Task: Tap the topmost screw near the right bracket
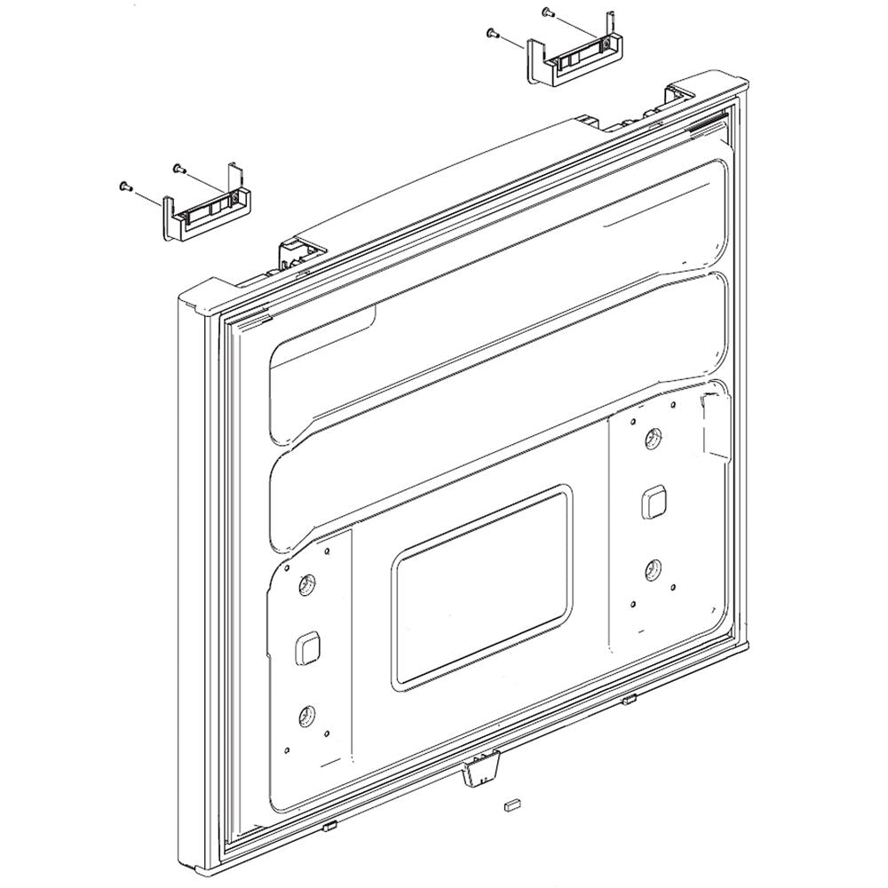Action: coord(546,12)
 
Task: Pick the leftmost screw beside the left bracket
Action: coord(123,186)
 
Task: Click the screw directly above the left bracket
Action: coord(178,166)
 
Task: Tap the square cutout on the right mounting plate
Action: coord(654,502)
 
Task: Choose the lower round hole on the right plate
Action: coord(653,568)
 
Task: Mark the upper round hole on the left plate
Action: coord(307,583)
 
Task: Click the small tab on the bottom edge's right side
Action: coord(628,701)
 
